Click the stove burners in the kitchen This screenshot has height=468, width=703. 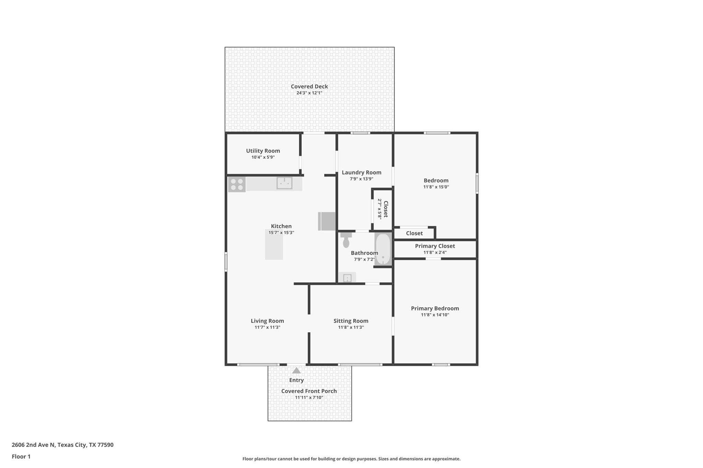point(237,184)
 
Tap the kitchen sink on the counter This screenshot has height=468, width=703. point(284,183)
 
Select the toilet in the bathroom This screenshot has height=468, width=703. point(346,240)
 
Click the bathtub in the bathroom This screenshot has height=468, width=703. point(383,249)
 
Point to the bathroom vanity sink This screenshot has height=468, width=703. point(347,277)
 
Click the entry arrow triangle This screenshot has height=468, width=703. point(296,371)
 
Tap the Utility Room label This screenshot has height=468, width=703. point(263,151)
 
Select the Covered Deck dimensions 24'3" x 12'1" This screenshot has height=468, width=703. point(309,93)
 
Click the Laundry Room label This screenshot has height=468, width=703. point(361,172)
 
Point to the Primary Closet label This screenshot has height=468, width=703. point(435,246)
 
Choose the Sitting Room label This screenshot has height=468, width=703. point(351,321)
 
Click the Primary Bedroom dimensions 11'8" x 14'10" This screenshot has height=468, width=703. point(435,315)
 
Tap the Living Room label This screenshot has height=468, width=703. point(267,321)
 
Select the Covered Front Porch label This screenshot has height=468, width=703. point(309,391)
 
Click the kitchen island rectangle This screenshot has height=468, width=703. point(274,244)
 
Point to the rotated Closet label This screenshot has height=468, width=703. point(385,209)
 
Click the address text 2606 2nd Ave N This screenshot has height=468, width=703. point(33,445)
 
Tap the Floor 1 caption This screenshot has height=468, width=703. point(21,457)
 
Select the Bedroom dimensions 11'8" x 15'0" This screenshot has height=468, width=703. point(436,187)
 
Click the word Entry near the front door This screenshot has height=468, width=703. point(296,380)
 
